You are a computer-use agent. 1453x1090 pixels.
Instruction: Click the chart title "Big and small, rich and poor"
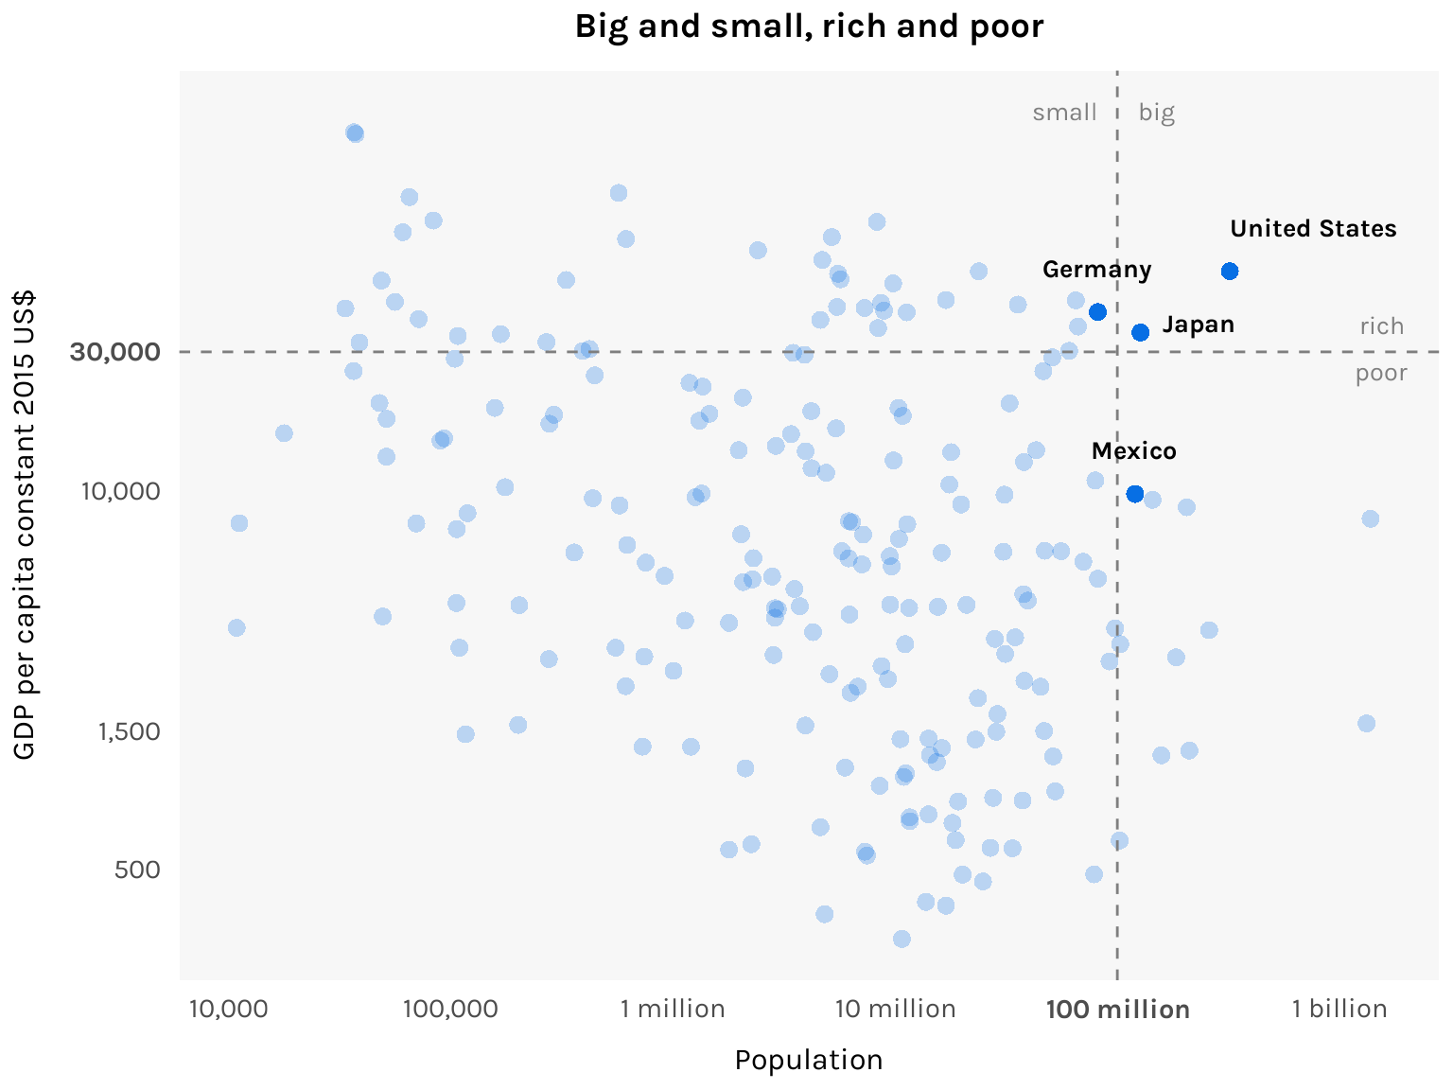(809, 26)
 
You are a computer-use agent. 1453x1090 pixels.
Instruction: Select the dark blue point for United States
(1230, 272)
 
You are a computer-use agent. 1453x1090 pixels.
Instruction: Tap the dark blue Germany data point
(1097, 312)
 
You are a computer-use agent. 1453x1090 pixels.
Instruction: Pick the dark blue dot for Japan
(1141, 332)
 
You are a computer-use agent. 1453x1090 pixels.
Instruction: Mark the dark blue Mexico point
(1135, 494)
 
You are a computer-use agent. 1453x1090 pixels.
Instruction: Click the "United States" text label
(1313, 229)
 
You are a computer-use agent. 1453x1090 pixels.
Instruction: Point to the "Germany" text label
(1096, 270)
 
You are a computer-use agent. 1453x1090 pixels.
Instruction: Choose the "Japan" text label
(1198, 325)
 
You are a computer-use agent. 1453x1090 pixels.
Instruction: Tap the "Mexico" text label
(1133, 451)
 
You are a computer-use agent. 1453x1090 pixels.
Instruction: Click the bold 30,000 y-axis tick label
(114, 352)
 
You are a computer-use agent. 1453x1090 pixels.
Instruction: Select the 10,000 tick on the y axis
(120, 492)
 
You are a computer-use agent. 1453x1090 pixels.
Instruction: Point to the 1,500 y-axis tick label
(130, 731)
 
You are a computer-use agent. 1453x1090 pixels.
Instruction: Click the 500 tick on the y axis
(137, 870)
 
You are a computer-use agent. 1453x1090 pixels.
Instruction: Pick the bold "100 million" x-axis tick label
(1117, 1010)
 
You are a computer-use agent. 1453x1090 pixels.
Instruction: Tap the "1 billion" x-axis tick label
(1339, 1010)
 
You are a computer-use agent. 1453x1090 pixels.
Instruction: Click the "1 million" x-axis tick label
(673, 1010)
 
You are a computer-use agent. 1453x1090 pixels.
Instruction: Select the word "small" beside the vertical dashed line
(1064, 113)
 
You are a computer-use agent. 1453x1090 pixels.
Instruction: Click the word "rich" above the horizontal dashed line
(1381, 326)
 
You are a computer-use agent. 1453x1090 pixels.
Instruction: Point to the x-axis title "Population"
(809, 1060)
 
